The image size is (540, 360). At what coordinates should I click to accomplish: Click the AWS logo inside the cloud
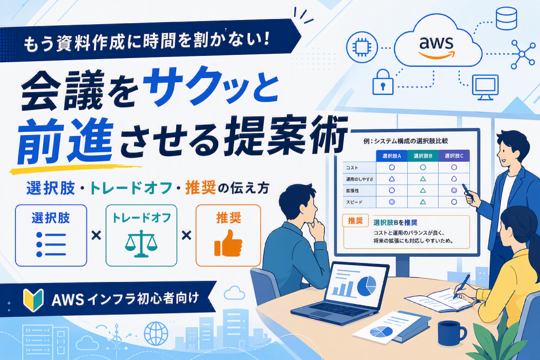tap(436, 47)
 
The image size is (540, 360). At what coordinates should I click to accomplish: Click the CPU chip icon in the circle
tap(362, 47)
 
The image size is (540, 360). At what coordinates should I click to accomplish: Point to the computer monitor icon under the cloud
tap(485, 87)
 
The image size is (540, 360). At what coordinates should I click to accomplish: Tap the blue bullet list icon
tap(51, 245)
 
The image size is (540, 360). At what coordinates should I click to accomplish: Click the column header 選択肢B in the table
tap(423, 156)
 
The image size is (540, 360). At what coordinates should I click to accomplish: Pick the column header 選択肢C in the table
tap(454, 156)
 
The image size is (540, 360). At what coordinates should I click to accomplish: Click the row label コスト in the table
tap(352, 168)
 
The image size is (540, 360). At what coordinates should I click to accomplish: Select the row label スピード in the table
tap(354, 202)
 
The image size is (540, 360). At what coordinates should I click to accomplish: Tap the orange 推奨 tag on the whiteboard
tap(355, 221)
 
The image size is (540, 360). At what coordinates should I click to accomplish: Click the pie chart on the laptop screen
tap(367, 286)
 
